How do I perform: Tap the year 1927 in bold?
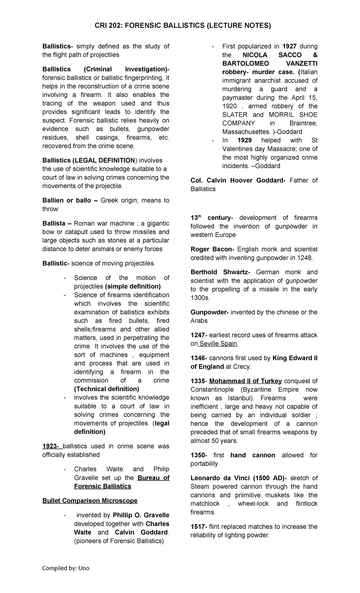289,46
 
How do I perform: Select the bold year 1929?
244,140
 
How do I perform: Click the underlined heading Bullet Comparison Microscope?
90,501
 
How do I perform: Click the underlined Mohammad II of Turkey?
245,381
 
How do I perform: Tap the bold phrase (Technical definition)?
106,389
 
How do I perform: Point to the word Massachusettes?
244,132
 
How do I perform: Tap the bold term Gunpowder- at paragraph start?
209,312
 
